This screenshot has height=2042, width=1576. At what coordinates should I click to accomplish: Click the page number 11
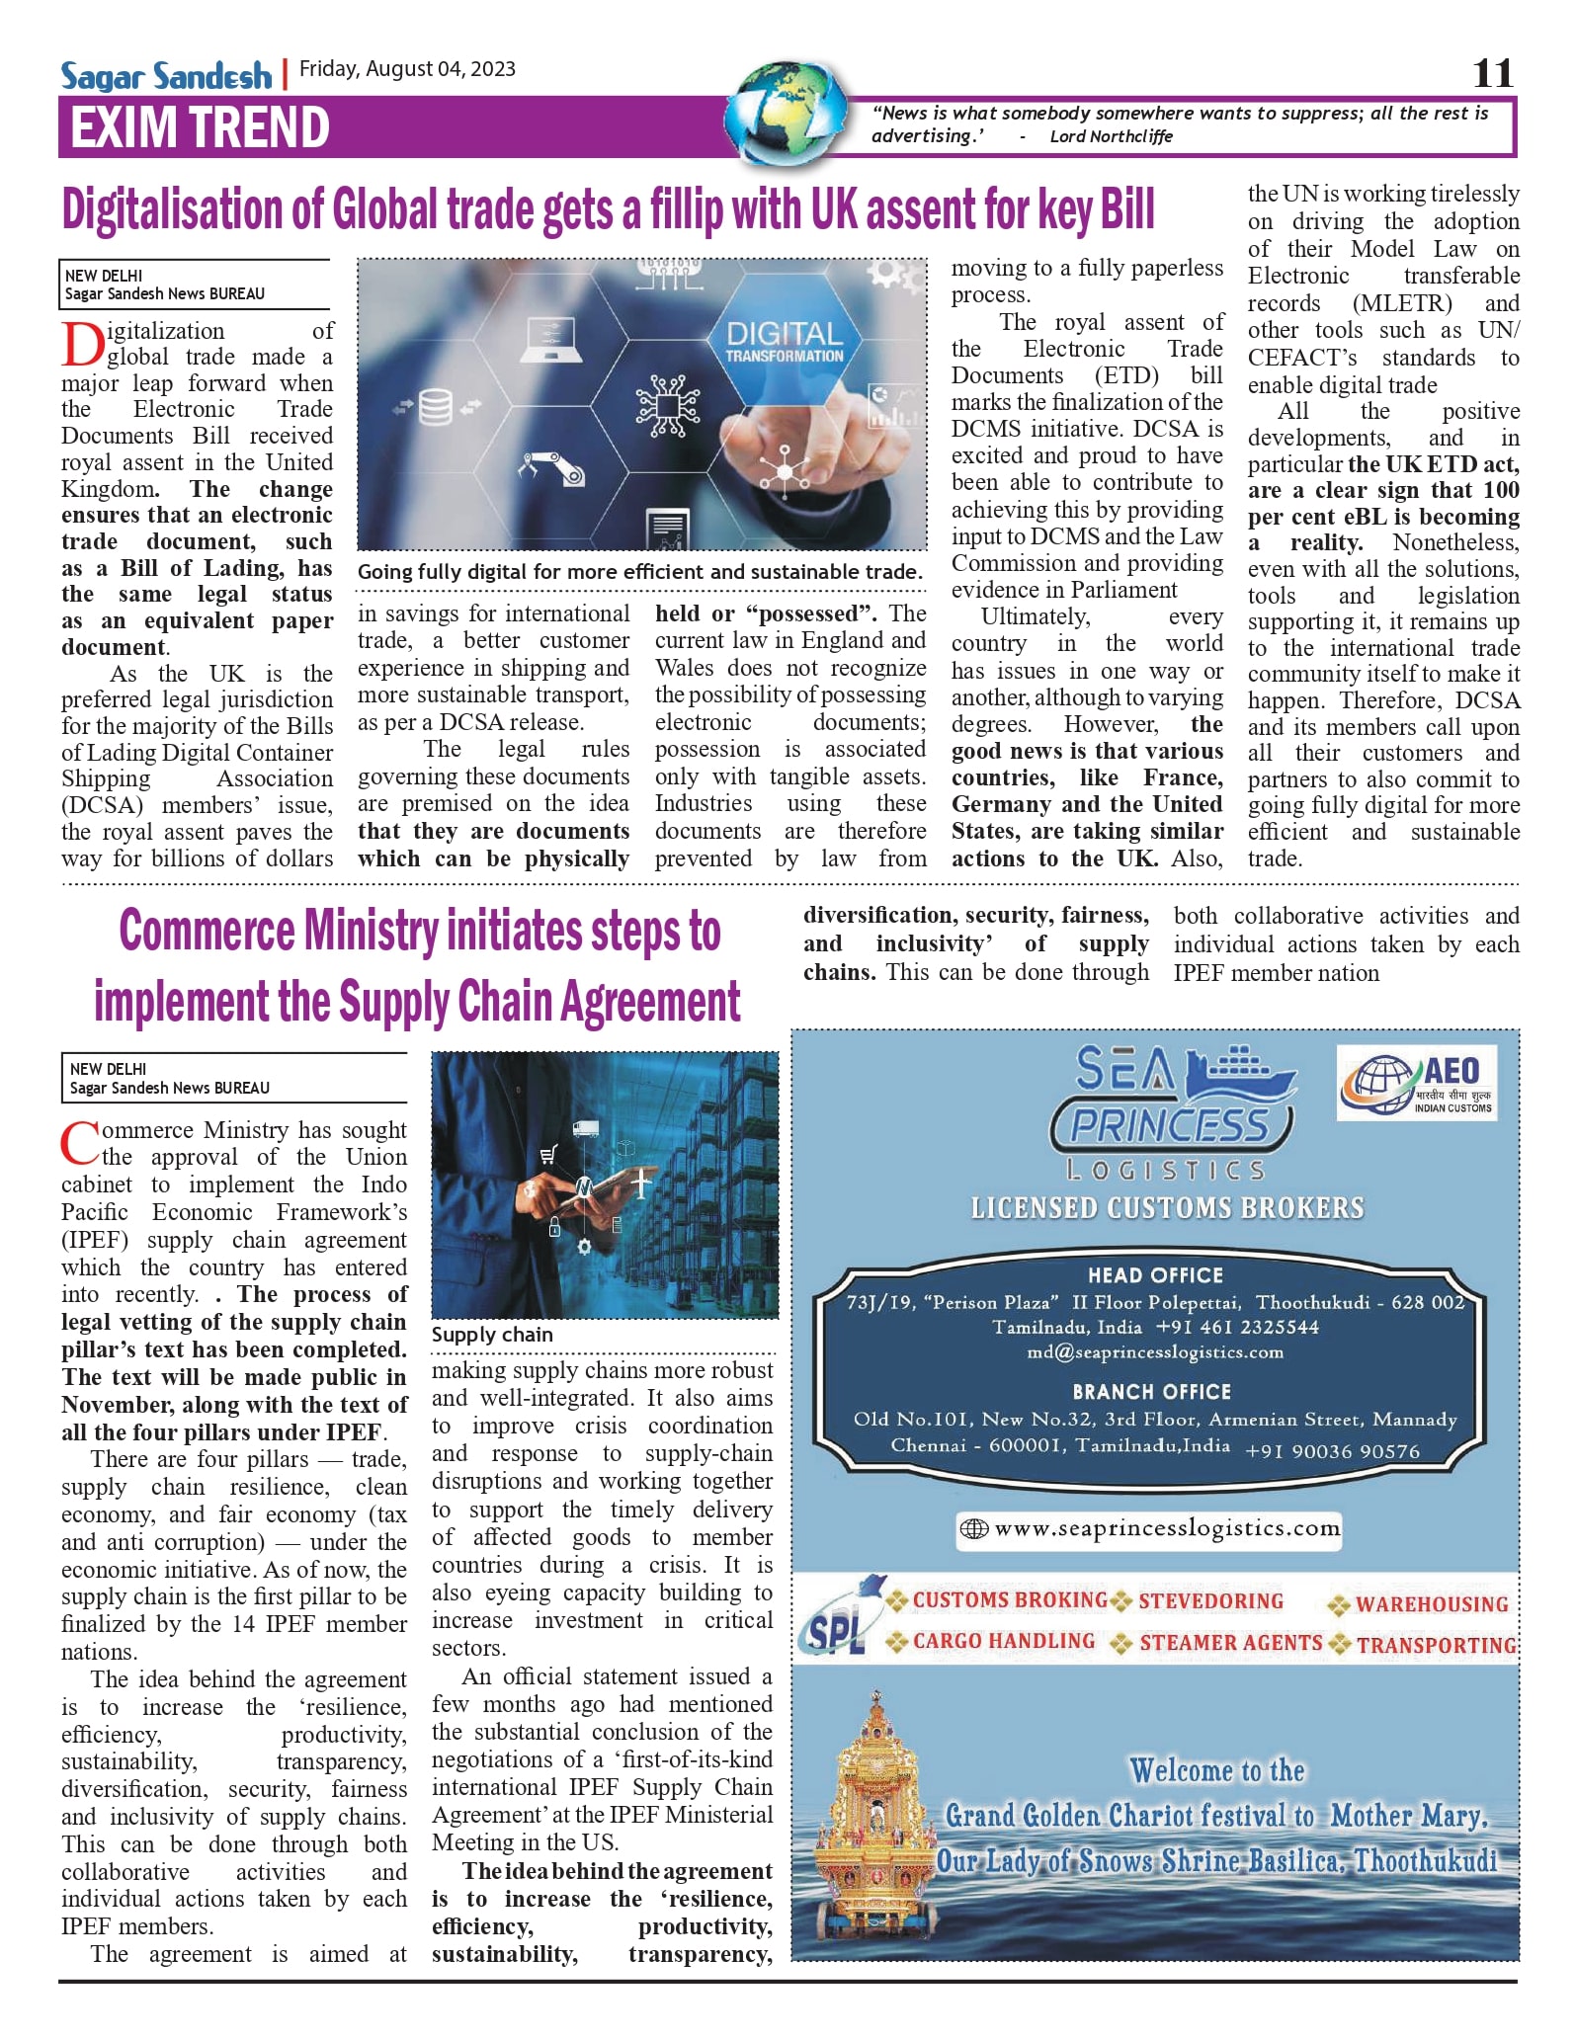tap(1492, 72)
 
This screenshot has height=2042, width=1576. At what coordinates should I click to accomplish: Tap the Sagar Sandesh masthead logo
tap(166, 75)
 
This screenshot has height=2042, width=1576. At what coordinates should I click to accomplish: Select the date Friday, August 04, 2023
tap(407, 69)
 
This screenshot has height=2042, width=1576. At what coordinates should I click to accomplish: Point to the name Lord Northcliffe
tap(1111, 136)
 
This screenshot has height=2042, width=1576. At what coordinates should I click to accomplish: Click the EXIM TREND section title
tap(200, 127)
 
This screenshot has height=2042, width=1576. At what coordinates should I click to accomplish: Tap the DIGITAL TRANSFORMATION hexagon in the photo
tap(785, 342)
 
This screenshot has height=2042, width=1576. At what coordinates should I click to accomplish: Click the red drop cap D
tap(83, 345)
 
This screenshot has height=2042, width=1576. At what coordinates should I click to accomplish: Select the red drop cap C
tap(80, 1143)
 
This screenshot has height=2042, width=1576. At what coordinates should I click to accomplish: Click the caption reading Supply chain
tap(492, 1335)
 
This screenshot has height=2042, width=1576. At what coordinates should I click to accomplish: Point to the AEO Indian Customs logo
tap(1415, 1083)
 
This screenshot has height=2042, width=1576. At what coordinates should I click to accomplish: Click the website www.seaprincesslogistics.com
tap(1166, 1528)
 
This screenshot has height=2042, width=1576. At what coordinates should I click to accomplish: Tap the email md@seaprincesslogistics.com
tap(1154, 1351)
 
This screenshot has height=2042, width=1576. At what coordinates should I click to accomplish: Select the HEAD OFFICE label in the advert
tap(1155, 1275)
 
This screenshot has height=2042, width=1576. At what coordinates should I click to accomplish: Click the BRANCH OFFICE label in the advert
tap(1151, 1392)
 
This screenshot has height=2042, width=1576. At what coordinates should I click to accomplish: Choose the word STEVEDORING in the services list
tap(1210, 1601)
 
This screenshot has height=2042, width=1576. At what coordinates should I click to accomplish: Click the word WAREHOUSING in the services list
tap(1431, 1604)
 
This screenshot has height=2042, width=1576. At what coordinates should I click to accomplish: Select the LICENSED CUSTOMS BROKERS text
tap(1167, 1208)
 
